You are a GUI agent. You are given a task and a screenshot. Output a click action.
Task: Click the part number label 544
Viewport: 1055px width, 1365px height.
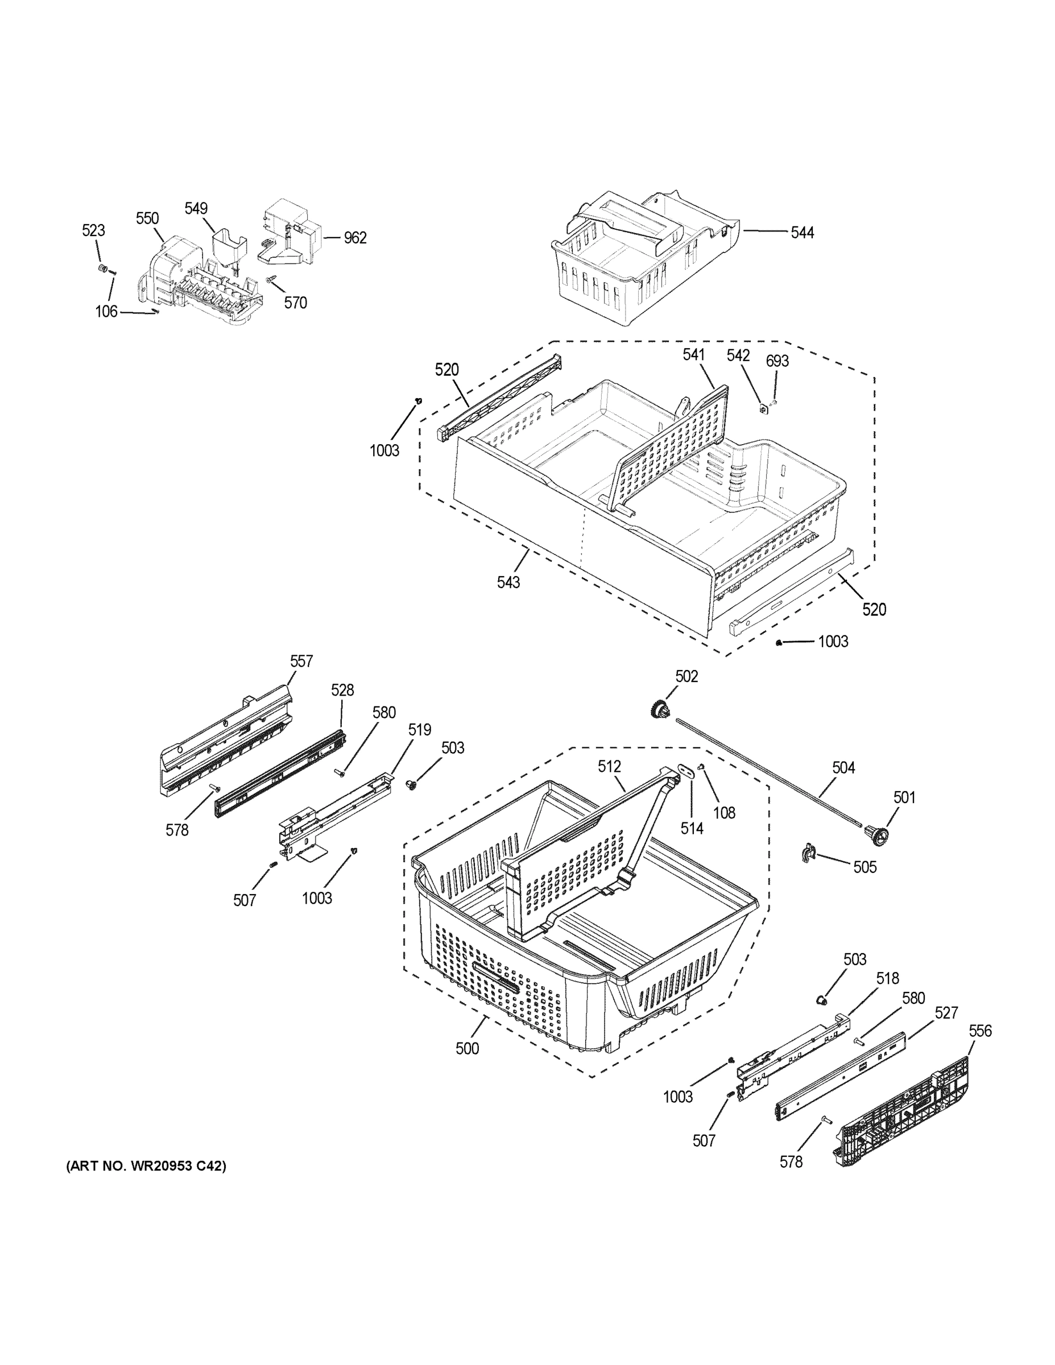coord(802,233)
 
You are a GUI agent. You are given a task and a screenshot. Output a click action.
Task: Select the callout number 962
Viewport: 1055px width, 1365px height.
coord(354,238)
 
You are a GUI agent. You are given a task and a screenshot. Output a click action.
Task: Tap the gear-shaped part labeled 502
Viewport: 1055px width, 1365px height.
coord(659,710)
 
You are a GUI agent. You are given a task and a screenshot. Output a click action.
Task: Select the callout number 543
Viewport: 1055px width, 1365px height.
coord(508,582)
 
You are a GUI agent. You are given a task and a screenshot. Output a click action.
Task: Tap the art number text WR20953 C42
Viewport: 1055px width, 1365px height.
coord(146,1165)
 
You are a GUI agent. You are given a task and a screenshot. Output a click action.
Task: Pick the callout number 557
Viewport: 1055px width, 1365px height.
coord(301,661)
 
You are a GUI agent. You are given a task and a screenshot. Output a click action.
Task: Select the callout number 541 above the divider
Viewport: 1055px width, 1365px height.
coord(693,355)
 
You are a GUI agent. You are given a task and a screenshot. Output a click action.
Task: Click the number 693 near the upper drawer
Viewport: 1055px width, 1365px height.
coord(777,361)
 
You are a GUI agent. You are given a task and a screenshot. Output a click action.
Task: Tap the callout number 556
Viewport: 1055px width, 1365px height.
coord(980,1031)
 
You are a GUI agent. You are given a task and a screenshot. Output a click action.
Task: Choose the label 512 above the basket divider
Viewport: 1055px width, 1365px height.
coord(609,766)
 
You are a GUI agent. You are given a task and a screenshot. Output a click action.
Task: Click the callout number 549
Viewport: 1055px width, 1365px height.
coord(196,208)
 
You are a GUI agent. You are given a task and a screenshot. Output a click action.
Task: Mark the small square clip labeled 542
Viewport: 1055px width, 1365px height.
coord(763,409)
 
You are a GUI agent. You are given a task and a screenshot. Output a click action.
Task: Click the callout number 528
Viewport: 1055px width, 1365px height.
coord(342,690)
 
